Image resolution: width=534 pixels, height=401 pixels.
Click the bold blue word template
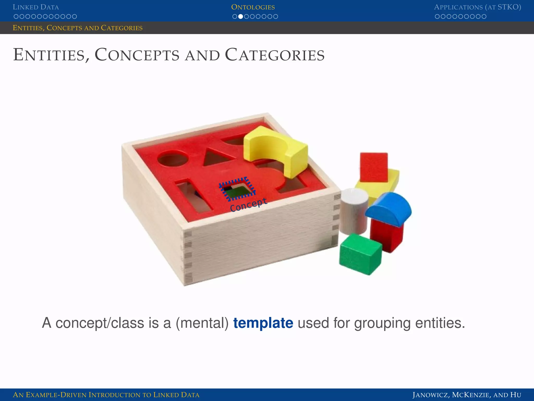263,323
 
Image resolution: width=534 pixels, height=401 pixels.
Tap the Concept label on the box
248,205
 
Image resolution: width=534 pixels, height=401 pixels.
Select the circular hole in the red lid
173,158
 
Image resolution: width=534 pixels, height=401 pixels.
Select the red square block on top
374,167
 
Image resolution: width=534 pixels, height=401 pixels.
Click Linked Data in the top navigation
36,7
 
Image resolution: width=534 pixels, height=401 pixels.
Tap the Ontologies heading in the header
253,7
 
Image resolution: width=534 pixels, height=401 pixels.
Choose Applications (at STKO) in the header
477,7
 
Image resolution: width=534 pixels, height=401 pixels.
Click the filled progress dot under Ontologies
241,16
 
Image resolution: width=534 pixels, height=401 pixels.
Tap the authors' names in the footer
467,395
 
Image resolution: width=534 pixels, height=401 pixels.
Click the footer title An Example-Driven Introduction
106,395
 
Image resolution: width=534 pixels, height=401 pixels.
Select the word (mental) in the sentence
202,323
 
